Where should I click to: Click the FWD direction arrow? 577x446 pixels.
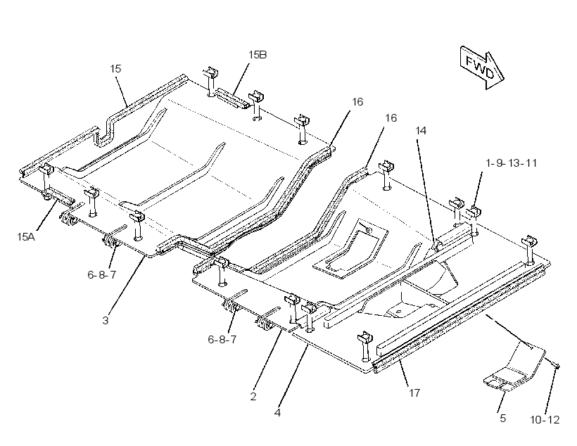pos(482,68)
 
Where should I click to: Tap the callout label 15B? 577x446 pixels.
pos(258,55)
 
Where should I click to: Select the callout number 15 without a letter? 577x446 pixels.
pos(115,69)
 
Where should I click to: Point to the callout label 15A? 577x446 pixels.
pos(26,236)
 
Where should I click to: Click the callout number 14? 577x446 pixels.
pos(421,131)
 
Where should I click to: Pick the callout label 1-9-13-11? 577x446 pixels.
pos(511,163)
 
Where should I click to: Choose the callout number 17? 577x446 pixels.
pos(414,393)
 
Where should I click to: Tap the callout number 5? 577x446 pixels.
pos(502,418)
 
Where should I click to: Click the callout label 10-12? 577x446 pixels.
pos(545,419)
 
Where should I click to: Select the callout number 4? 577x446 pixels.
pos(277,412)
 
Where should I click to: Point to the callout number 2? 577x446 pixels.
pos(253,396)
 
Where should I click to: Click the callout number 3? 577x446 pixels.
pos(106,320)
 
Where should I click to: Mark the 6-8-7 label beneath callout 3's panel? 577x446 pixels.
pos(102,274)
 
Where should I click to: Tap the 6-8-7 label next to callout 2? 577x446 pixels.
pos(222,339)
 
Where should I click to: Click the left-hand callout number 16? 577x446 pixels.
pos(357,101)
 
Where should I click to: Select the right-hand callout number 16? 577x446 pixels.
pos(391,117)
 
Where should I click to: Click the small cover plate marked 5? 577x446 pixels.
pos(514,366)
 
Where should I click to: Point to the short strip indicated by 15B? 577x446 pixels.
pos(231,98)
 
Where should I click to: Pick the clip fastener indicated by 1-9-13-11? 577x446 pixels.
pos(474,212)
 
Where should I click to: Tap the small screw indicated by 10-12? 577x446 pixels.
pos(557,366)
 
